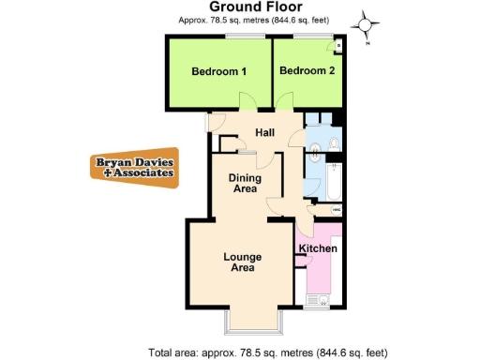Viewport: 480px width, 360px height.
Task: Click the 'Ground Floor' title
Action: [229, 7]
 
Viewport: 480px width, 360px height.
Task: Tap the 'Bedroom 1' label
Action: [218, 71]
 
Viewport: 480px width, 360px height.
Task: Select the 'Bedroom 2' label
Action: [306, 71]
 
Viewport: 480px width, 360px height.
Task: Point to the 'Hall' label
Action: [251, 132]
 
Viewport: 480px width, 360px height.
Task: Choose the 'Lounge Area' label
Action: [242, 262]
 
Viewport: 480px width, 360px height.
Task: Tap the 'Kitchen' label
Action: [318, 248]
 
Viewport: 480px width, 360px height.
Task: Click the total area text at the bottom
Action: [267, 352]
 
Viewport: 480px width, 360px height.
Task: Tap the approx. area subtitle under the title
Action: [229, 20]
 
